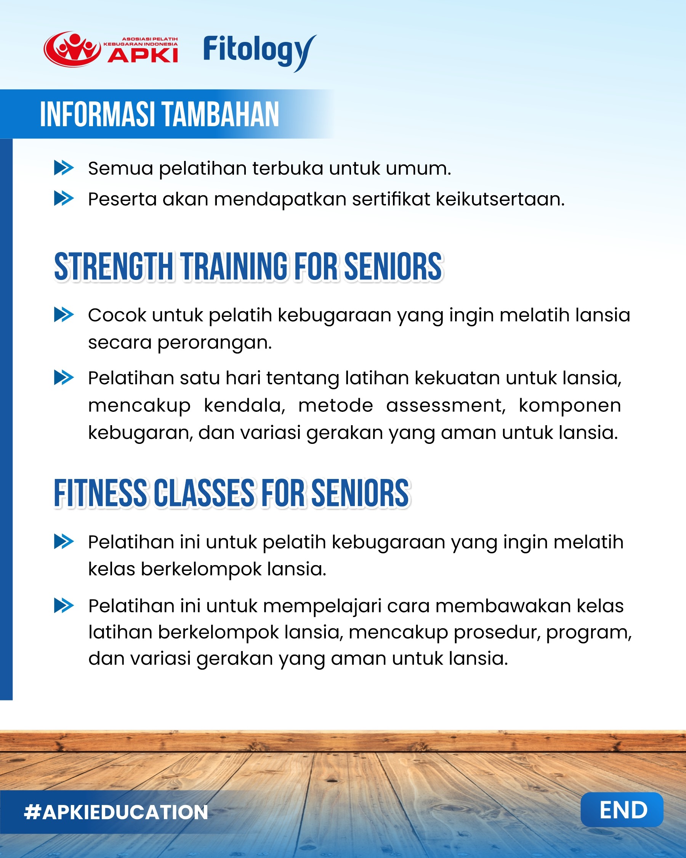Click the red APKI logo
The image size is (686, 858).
click(111, 49)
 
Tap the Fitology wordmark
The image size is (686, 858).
click(260, 53)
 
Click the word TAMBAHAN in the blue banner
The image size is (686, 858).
click(221, 115)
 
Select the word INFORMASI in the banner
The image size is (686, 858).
click(97, 115)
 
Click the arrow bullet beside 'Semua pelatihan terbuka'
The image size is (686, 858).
click(64, 168)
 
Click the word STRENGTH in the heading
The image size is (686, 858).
click(114, 266)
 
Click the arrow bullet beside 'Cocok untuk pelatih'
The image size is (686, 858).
click(64, 315)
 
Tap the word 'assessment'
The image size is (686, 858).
click(446, 405)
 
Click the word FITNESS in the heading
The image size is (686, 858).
click(100, 493)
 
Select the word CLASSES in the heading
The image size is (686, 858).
click(204, 493)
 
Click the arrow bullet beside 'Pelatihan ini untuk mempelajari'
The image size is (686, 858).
click(64, 606)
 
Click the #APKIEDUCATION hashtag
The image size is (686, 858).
click(116, 812)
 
